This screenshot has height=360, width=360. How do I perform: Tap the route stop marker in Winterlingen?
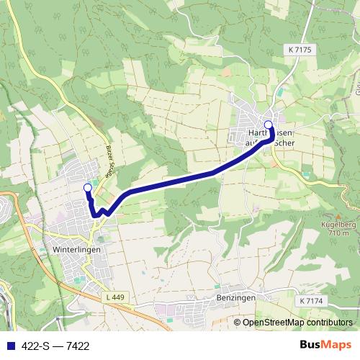[88, 188]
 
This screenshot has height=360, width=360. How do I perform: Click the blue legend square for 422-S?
[8, 346]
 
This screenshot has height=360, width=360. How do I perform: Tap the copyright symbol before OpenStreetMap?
[238, 323]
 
